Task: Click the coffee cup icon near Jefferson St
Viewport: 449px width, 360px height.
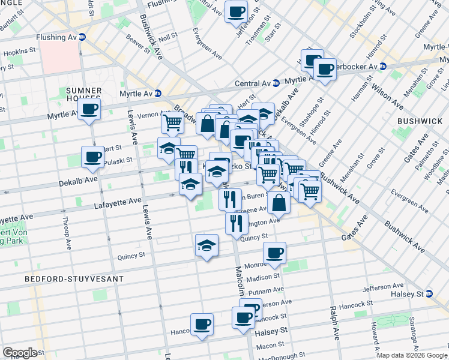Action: tap(236, 11)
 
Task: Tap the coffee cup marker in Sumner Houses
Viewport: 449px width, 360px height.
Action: tap(89, 110)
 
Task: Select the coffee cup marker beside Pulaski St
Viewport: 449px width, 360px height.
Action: tap(93, 157)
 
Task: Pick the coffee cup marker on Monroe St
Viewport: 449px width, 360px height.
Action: tap(275, 253)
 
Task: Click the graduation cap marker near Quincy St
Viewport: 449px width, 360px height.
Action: tap(206, 245)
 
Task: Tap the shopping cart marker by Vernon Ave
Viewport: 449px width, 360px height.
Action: tap(172, 123)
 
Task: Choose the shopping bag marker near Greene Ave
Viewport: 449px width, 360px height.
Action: tap(280, 203)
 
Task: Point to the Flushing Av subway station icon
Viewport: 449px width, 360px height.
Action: tap(82, 37)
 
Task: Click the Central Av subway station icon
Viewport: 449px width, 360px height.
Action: tap(276, 83)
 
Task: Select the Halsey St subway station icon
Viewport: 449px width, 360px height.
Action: tap(429, 294)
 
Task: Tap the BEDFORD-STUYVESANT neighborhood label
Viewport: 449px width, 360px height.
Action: tap(74, 279)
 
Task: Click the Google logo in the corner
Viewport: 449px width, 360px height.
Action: tap(20, 353)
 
